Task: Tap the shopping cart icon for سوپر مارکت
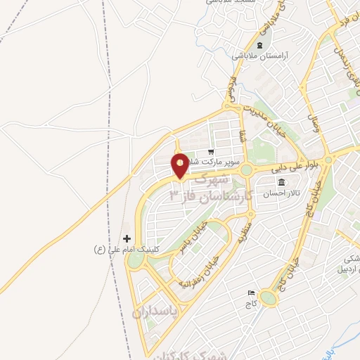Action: click(210, 153)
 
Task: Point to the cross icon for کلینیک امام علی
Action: click(127, 239)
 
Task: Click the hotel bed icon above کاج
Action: click(251, 292)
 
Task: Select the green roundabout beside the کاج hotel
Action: click(269, 298)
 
